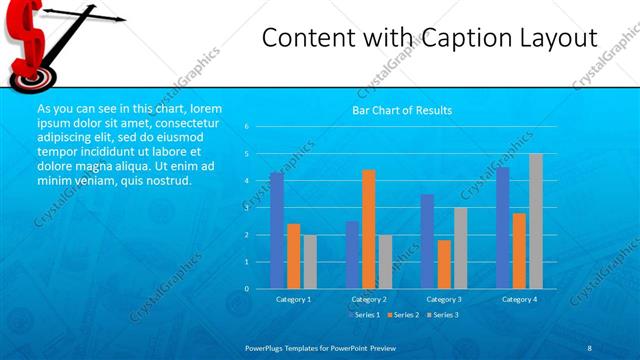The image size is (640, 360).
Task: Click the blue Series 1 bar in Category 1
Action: click(x=276, y=230)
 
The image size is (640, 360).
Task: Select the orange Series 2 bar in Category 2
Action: click(x=369, y=229)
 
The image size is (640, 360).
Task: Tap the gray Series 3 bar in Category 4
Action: click(x=535, y=221)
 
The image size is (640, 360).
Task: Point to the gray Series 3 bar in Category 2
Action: click(x=386, y=261)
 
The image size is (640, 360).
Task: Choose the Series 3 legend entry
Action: click(x=443, y=315)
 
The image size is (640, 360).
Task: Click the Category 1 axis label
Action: click(x=293, y=299)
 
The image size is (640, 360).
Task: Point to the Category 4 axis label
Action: click(x=518, y=299)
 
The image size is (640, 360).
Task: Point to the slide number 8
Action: click(x=589, y=346)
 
